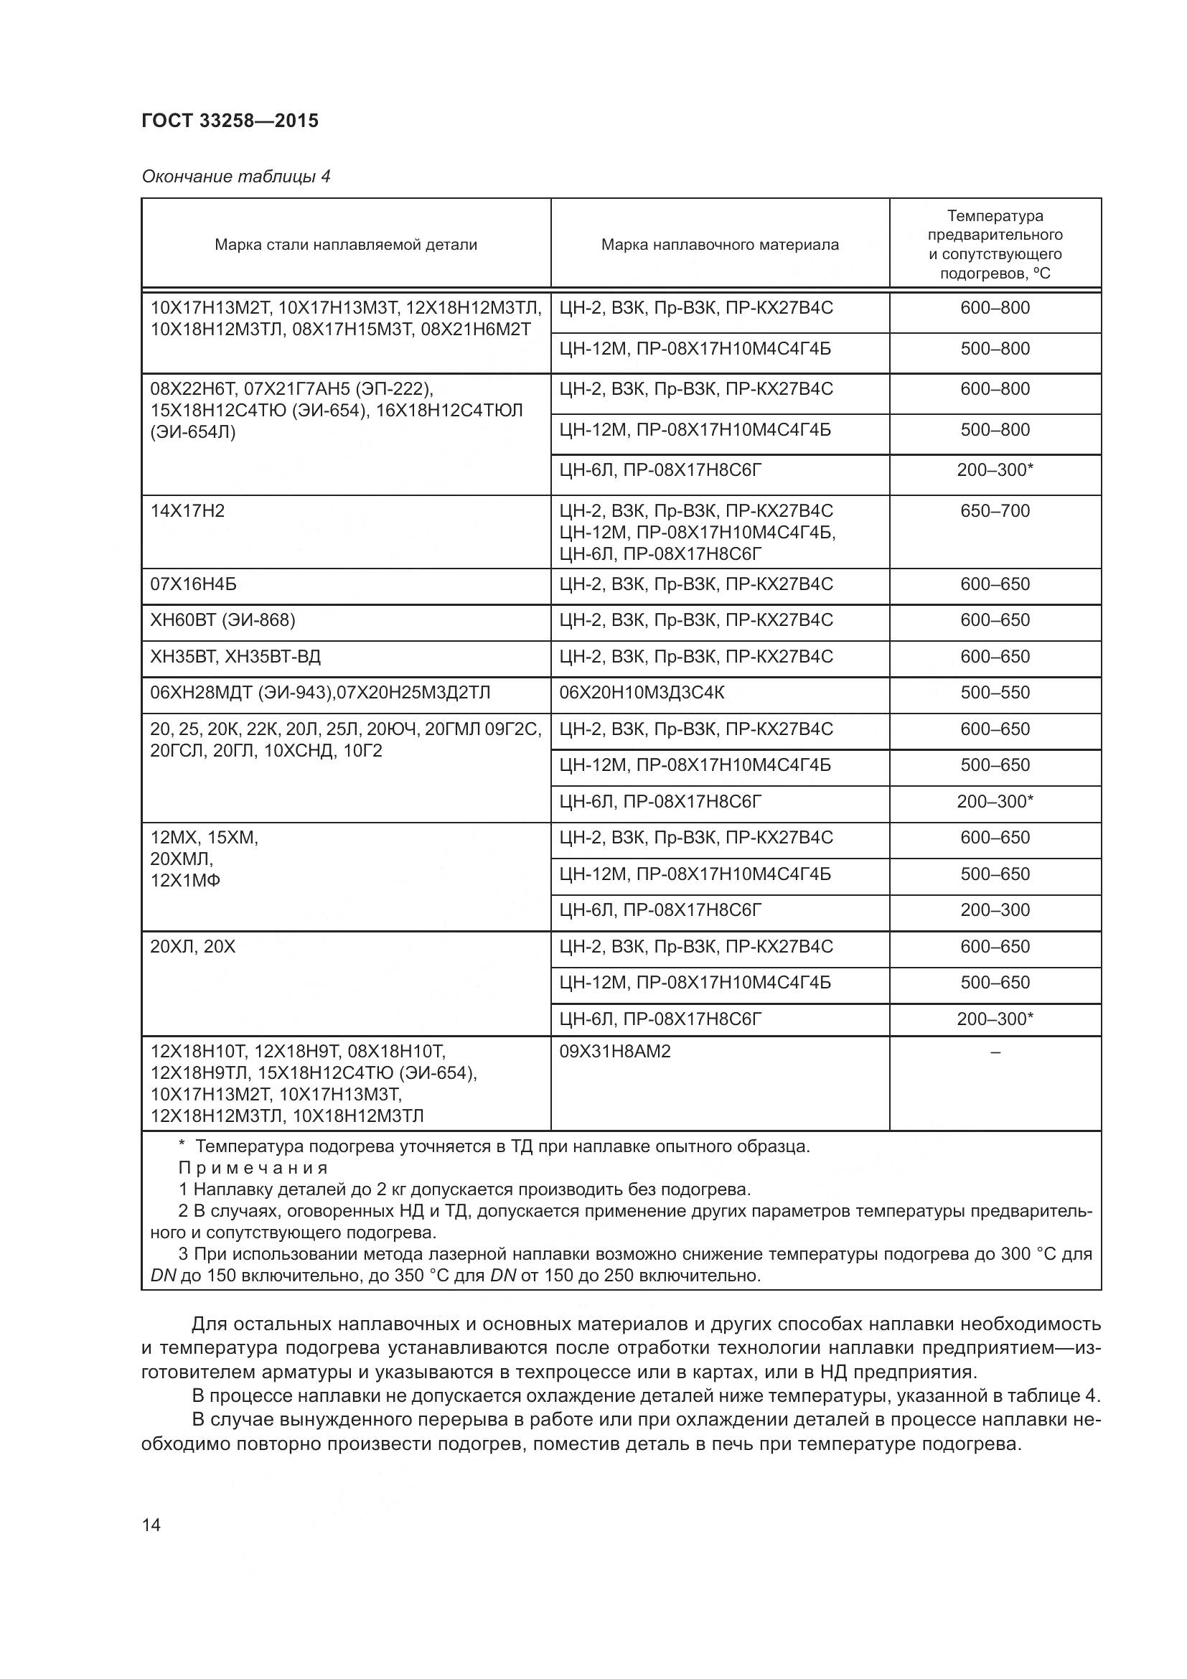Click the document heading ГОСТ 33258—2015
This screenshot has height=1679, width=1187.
tap(230, 121)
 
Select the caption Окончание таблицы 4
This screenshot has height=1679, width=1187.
tap(235, 177)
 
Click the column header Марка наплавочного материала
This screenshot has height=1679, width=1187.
tap(719, 245)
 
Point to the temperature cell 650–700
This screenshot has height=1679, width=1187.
tap(994, 511)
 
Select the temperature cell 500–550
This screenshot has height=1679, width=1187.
tap(994, 693)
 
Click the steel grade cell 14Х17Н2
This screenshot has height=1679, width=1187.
tap(188, 511)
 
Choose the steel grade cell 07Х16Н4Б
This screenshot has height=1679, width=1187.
tap(193, 584)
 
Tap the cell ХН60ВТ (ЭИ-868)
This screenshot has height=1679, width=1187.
tap(222, 620)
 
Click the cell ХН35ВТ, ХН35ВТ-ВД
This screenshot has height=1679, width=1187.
tap(235, 657)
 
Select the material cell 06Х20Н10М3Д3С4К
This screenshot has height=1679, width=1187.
tap(642, 693)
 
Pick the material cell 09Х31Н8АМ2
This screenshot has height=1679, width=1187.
tap(615, 1052)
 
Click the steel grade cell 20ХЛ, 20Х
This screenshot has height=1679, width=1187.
tap(193, 947)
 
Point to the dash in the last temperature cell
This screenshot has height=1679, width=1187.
tap(994, 1052)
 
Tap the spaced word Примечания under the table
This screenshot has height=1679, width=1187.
tap(253, 1168)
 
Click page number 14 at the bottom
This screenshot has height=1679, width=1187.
tap(151, 1525)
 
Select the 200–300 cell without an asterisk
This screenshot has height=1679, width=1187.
tap(994, 910)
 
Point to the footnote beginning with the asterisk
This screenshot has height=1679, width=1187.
tap(494, 1146)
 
